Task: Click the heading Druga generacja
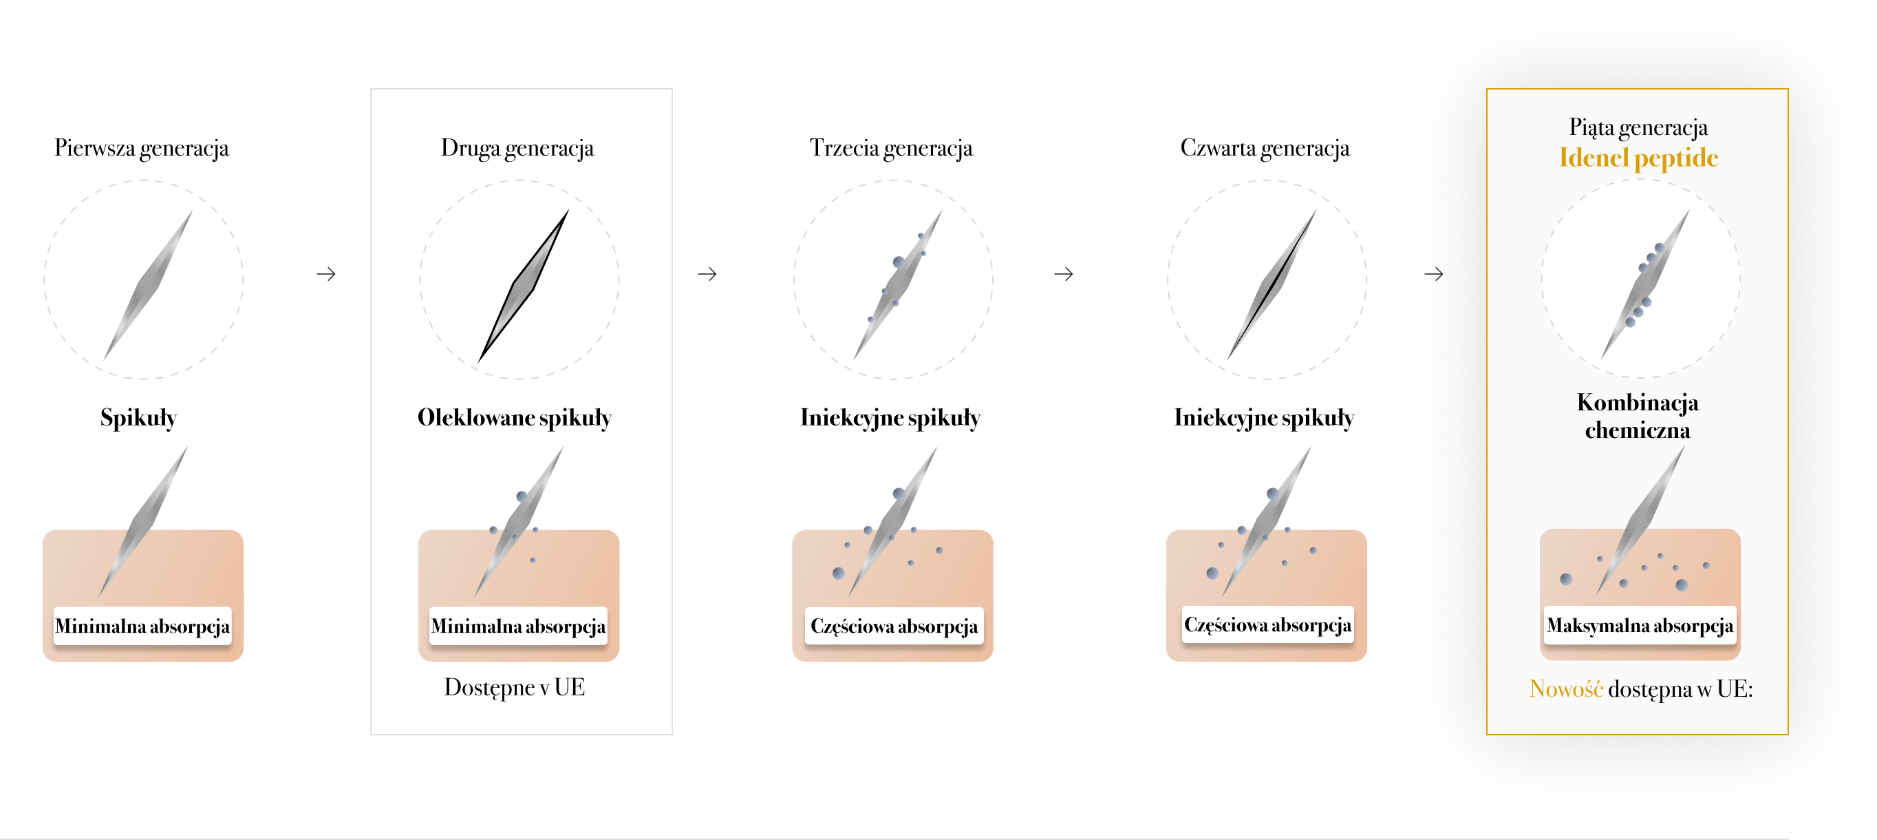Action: pos(517,148)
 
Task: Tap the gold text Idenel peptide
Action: pos(1638,158)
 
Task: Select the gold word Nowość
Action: pos(1565,689)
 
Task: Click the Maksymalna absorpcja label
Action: pos(1640,626)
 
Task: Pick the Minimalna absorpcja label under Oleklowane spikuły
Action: pos(517,627)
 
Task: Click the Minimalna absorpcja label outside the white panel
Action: pos(142,627)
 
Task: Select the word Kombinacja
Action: pos(1638,403)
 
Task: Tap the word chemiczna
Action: pos(1638,430)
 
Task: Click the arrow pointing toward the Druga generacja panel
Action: pos(326,274)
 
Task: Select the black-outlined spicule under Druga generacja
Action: pos(523,286)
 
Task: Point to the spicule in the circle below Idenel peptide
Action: pos(1644,284)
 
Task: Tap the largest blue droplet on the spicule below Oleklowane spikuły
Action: pos(522,496)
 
